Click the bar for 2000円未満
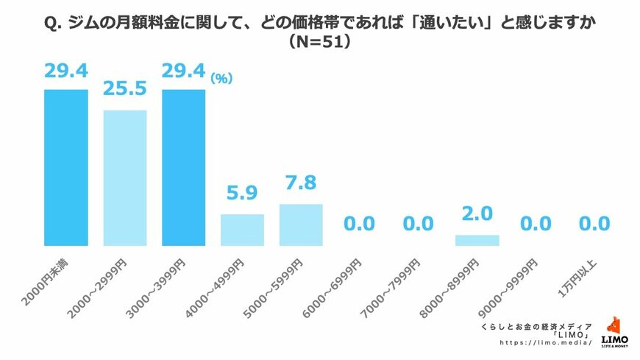(65, 167)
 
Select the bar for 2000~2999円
(124, 177)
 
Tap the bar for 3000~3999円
(183, 167)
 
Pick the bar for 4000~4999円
(242, 230)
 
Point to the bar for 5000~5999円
(301, 225)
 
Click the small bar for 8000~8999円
(477, 240)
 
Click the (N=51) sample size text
(319, 43)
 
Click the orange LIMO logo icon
(612, 325)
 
